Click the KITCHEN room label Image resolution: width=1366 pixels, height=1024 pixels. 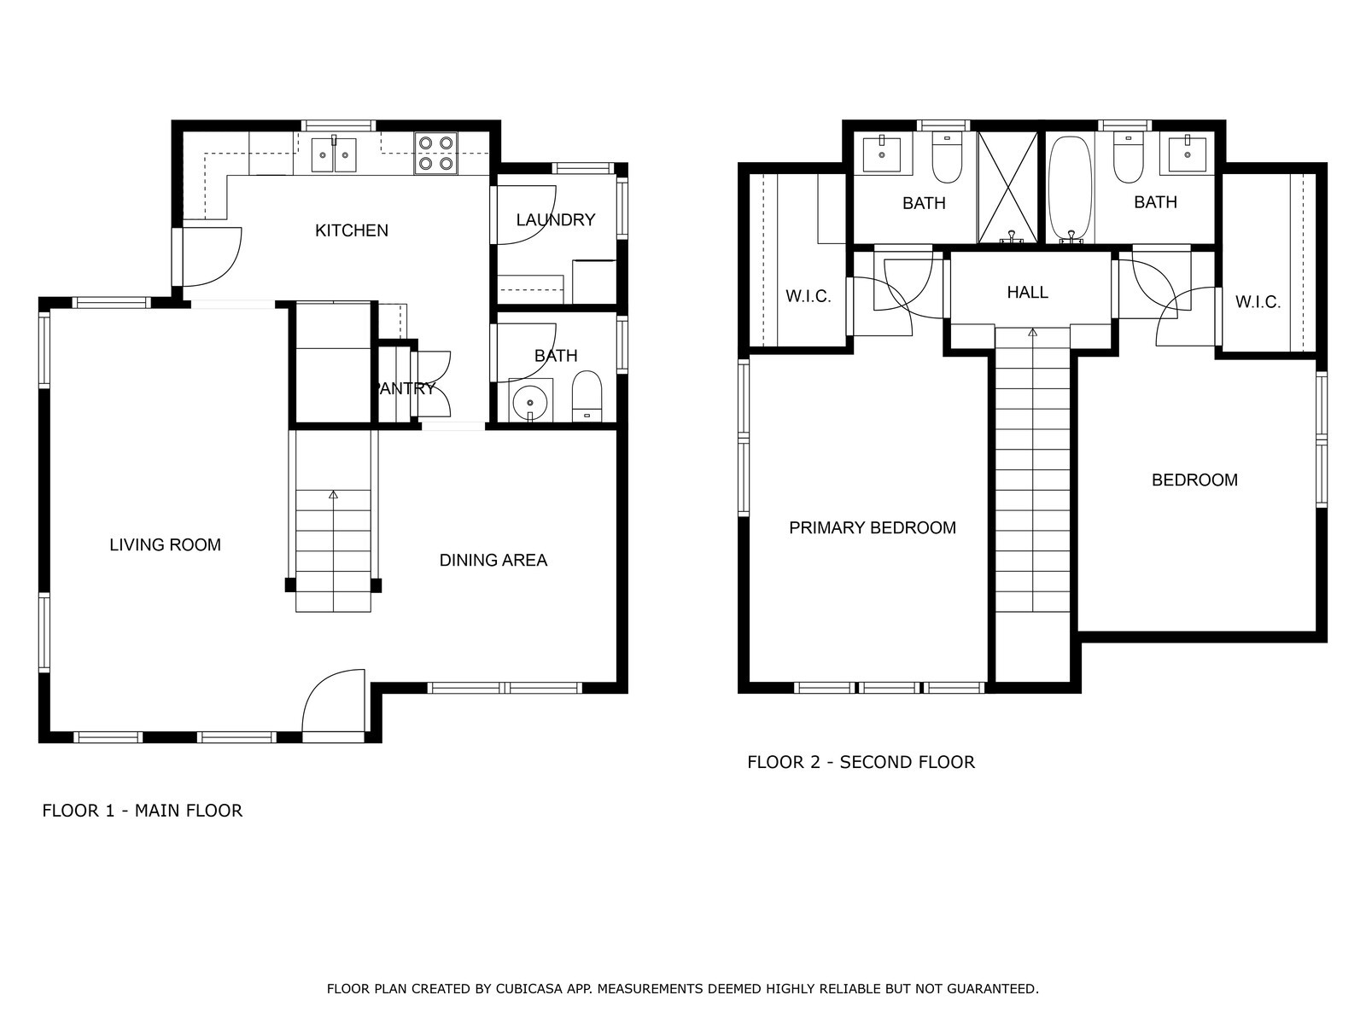pos(352,230)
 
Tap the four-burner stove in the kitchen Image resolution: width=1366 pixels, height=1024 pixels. pos(435,153)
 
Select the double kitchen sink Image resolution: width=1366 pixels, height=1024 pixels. pos(334,154)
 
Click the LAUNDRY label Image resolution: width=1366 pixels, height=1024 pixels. pos(556,219)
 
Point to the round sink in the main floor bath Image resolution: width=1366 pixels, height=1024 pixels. pos(530,401)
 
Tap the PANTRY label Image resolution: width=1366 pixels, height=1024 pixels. pos(406,388)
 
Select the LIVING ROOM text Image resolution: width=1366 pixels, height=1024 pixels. pos(166,545)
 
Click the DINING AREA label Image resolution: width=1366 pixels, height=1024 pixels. pos(493,561)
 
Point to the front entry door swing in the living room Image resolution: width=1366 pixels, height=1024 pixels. pos(334,702)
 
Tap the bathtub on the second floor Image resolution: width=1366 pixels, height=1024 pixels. pos(1071,189)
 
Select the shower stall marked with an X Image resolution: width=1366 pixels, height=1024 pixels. pos(1008,187)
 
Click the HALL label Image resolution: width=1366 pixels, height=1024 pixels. pos(1027,292)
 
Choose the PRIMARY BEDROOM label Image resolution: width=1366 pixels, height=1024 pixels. pos(873,528)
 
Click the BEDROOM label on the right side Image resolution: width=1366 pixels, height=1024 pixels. pos(1195,480)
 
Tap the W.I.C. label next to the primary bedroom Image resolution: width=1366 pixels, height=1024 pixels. pos(809,297)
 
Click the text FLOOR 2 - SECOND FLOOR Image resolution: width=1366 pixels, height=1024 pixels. pos(861,762)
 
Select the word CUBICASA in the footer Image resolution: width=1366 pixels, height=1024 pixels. pos(523,988)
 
